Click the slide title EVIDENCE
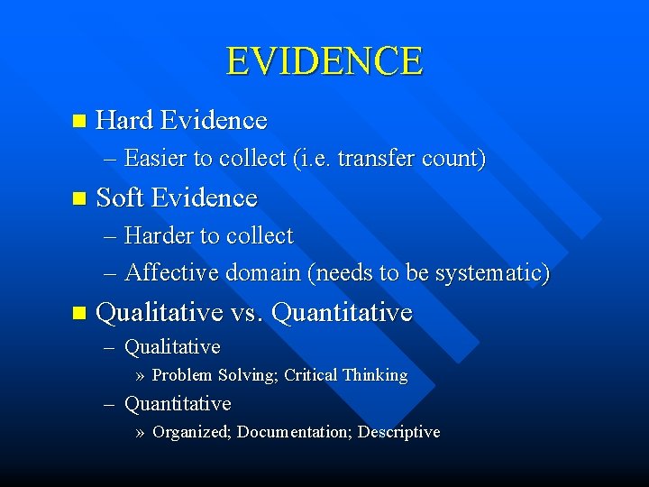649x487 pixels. click(324, 61)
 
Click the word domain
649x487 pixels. click(255, 271)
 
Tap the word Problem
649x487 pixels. click(182, 375)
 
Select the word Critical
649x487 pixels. click(310, 375)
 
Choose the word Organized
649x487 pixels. click(192, 432)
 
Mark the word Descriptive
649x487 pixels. click(398, 432)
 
